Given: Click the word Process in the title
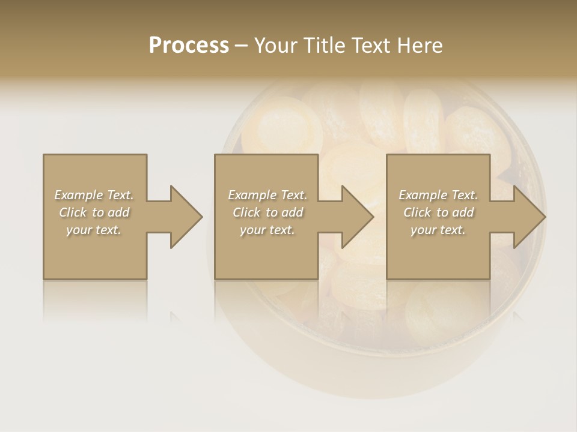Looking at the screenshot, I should (189, 45).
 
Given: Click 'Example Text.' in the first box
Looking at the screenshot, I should (94, 195).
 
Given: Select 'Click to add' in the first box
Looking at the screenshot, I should (94, 212).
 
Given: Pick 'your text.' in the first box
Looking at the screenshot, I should (94, 230).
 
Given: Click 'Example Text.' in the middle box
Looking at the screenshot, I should (267, 195).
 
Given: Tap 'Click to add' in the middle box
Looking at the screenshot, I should (267, 212).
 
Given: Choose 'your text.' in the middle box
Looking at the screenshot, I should (267, 230).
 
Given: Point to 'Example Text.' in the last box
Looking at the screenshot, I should (438, 195).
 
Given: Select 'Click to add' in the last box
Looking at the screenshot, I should (438, 212).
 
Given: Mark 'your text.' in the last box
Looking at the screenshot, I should (438, 230).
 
